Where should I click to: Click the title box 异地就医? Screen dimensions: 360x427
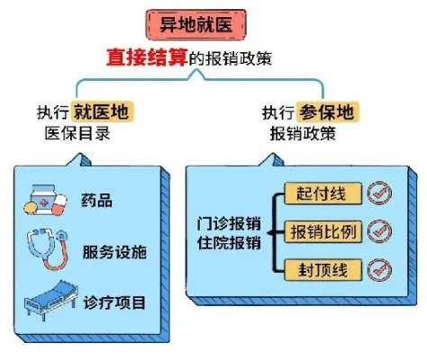(213, 24)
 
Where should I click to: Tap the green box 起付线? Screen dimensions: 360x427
(322, 193)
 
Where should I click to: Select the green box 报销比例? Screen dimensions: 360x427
(322, 231)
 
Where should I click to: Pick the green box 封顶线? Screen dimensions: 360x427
(322, 270)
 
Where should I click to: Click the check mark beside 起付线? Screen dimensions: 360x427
(380, 193)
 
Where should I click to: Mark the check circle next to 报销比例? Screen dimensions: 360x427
(380, 231)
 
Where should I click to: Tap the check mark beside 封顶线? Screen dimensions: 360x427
(380, 270)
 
